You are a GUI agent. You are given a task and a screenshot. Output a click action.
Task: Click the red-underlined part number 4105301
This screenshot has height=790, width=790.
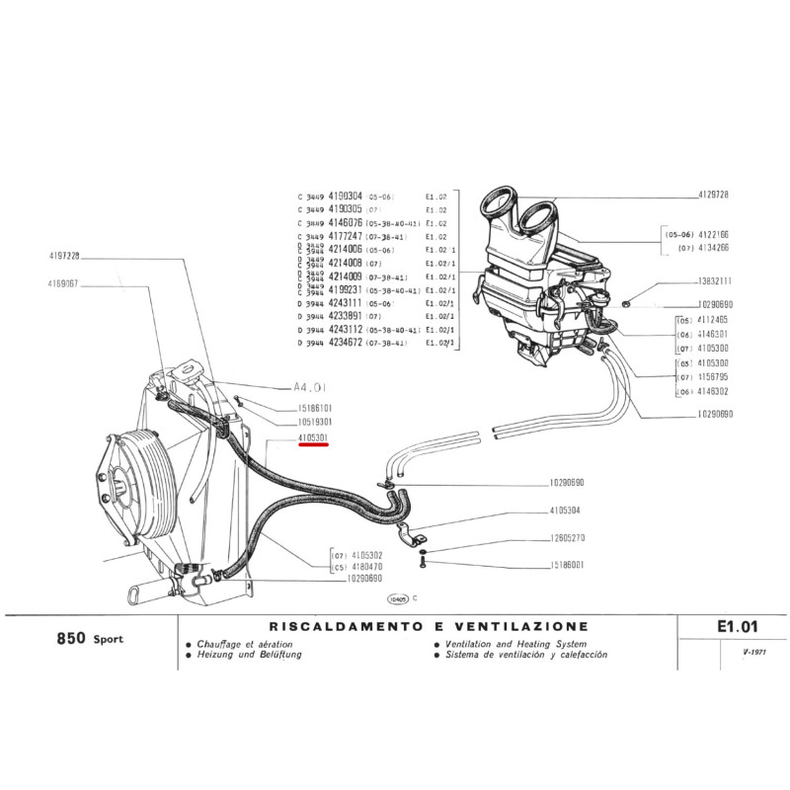click(x=317, y=435)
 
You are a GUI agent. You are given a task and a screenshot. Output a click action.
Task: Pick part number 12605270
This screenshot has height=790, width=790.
click(x=566, y=538)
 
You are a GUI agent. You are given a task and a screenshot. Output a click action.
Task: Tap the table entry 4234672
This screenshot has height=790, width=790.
click(x=345, y=343)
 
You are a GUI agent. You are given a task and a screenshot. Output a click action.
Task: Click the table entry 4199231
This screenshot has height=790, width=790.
click(x=345, y=291)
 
